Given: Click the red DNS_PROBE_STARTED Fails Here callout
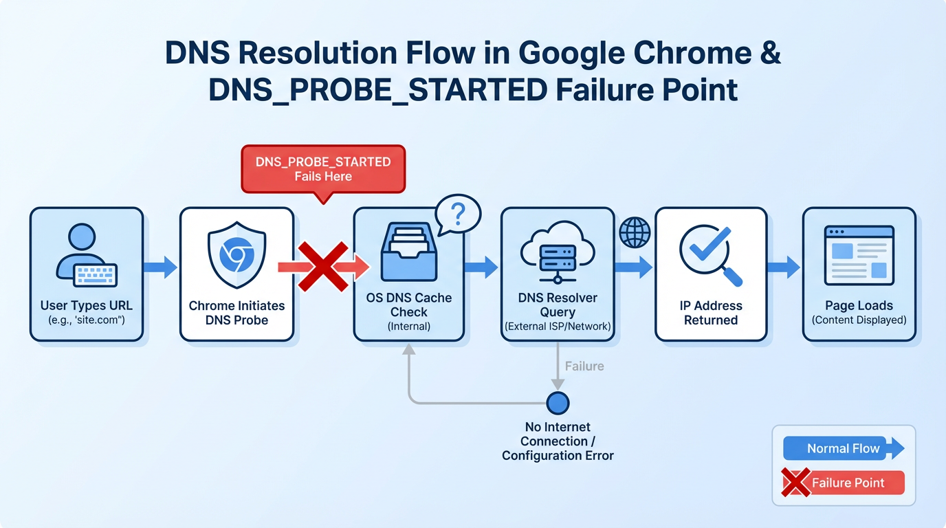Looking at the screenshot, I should [323, 169].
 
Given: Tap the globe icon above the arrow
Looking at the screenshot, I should [634, 232].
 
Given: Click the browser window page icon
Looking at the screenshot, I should [859, 255].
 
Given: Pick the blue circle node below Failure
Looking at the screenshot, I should [558, 403].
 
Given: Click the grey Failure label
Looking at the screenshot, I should [584, 366].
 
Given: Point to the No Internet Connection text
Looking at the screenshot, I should [558, 441].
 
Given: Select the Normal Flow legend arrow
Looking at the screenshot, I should [844, 449].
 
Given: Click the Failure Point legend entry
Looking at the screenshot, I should [844, 483].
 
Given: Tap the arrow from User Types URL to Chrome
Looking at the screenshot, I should [161, 267].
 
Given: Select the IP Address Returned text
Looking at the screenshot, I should [710, 313].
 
